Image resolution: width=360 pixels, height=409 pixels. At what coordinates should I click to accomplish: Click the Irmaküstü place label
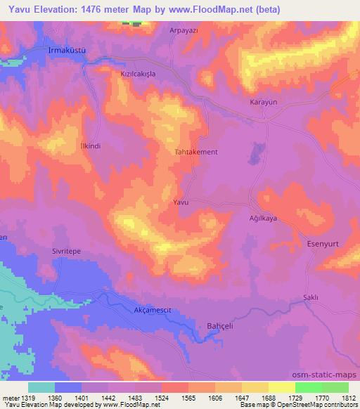point(46,51)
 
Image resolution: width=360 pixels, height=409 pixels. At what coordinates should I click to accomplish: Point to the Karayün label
point(264,103)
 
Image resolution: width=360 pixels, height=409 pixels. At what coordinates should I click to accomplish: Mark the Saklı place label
point(311,297)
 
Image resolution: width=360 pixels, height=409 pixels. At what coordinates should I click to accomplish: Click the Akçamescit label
point(153,310)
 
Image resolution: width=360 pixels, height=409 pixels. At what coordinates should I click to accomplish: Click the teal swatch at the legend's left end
point(41,387)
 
